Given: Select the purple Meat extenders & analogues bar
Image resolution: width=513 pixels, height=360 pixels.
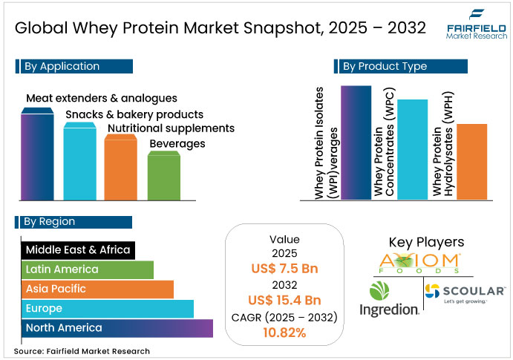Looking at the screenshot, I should pos(36,156).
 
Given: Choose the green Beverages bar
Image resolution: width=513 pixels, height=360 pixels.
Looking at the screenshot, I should pos(163,176).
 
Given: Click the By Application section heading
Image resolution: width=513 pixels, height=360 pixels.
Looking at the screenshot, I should pos(73,66).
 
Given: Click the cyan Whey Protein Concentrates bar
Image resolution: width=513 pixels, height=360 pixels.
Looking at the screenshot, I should pos(412,148).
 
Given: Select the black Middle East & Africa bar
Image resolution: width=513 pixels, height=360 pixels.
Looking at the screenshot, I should pos(77,249).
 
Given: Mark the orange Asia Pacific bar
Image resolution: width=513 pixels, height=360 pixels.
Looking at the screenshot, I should pos(97,289).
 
